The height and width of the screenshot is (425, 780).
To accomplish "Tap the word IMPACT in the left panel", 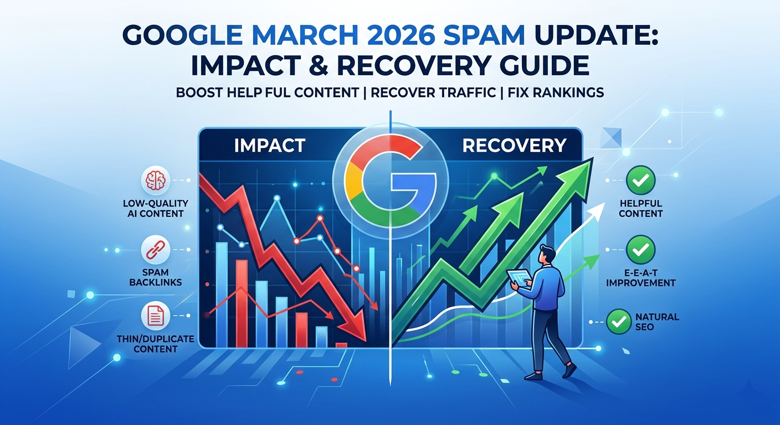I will [x=269, y=146].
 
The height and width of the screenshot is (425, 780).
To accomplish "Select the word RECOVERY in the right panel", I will [x=514, y=146].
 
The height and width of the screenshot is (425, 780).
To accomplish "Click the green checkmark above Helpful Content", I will [x=640, y=181].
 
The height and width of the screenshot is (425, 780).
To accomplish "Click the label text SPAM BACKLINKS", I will [x=155, y=277].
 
